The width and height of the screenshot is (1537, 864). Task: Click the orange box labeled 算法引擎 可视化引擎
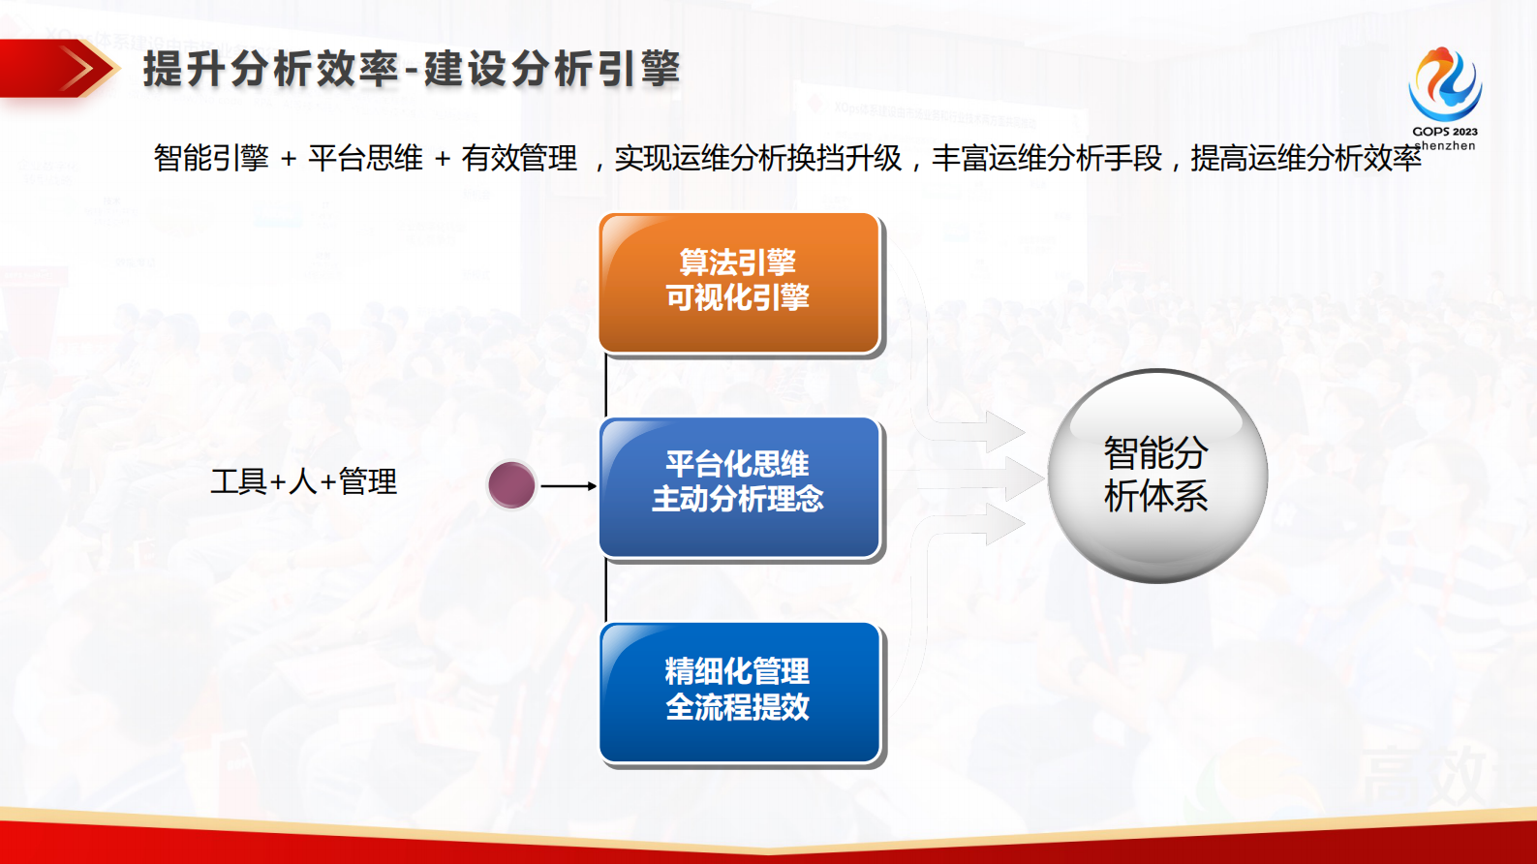pos(739,283)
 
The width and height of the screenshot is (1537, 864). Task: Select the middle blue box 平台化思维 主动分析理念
pos(739,487)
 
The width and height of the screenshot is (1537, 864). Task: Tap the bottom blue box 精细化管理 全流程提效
pos(739,693)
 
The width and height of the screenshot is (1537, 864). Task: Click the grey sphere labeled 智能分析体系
pos(1156,476)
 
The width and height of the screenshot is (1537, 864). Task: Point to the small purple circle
pos(511,485)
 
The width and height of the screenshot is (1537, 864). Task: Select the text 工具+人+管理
pos(304,481)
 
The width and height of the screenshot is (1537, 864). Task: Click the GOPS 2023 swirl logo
pos(1444,84)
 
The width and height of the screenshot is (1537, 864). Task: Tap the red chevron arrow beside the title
pos(77,69)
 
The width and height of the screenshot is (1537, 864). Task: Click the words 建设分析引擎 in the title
pos(552,70)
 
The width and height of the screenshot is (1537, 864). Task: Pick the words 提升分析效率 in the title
pos(270,70)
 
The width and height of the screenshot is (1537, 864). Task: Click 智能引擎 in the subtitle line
pos(211,158)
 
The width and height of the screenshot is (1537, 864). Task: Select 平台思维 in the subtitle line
pos(365,158)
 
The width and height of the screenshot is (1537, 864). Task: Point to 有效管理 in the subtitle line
pos(519,158)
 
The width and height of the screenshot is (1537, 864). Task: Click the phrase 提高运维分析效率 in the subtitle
pos(1305,158)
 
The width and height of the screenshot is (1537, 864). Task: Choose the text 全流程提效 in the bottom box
pos(738,708)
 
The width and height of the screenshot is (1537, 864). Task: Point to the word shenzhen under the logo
pos(1447,146)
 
